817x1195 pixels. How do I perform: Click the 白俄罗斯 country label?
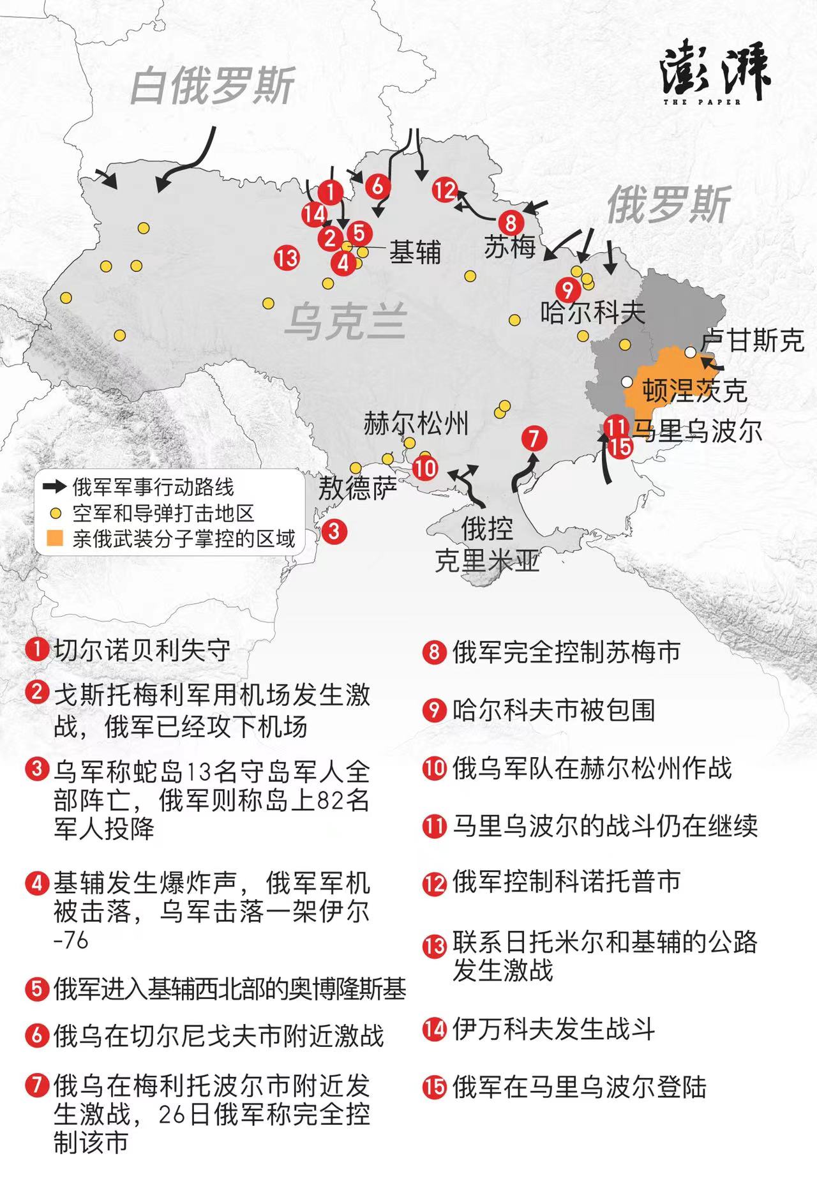pos(212,86)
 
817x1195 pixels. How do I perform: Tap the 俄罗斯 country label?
pos(668,206)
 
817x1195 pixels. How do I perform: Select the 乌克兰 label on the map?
pos(345,321)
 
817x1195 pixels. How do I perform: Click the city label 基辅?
pos(415,253)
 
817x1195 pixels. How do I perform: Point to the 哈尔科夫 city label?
pos(593,312)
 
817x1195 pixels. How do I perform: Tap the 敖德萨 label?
pos(357,489)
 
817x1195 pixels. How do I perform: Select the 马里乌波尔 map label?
pos(697,431)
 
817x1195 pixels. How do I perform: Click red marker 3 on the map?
pos(334,530)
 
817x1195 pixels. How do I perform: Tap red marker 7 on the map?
pos(534,439)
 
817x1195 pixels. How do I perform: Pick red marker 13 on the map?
pos(287,258)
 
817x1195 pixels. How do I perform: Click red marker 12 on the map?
pos(445,190)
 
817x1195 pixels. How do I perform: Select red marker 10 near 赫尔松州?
pos(424,468)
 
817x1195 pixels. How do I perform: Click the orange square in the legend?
pos(56,539)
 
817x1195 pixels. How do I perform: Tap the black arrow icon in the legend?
pos(55,487)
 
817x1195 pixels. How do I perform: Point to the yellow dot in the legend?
pos(56,513)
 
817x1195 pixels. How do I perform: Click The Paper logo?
pos(715,72)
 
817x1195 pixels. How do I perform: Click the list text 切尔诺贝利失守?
pos(142,650)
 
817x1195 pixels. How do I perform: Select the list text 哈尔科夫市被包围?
pos(553,710)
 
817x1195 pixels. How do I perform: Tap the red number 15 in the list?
pos(434,1087)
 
